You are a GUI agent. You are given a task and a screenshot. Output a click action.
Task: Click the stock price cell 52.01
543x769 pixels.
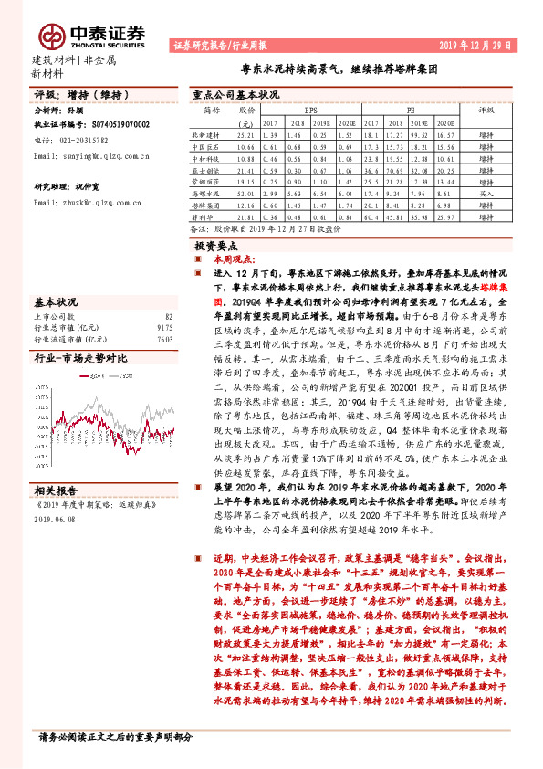point(245,194)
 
